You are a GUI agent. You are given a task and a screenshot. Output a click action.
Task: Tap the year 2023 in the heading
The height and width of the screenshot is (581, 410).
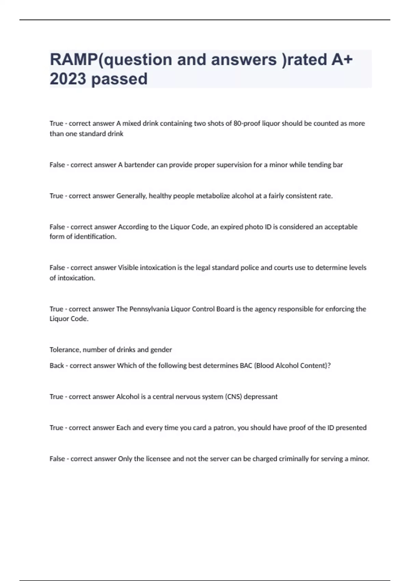click(68, 79)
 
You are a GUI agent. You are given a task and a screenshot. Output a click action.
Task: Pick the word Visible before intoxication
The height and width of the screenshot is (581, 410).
click(128, 268)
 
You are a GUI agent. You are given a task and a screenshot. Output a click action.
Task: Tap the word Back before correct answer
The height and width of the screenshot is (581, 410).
click(56, 366)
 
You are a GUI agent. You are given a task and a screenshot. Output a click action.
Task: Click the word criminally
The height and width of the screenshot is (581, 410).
click(293, 459)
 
